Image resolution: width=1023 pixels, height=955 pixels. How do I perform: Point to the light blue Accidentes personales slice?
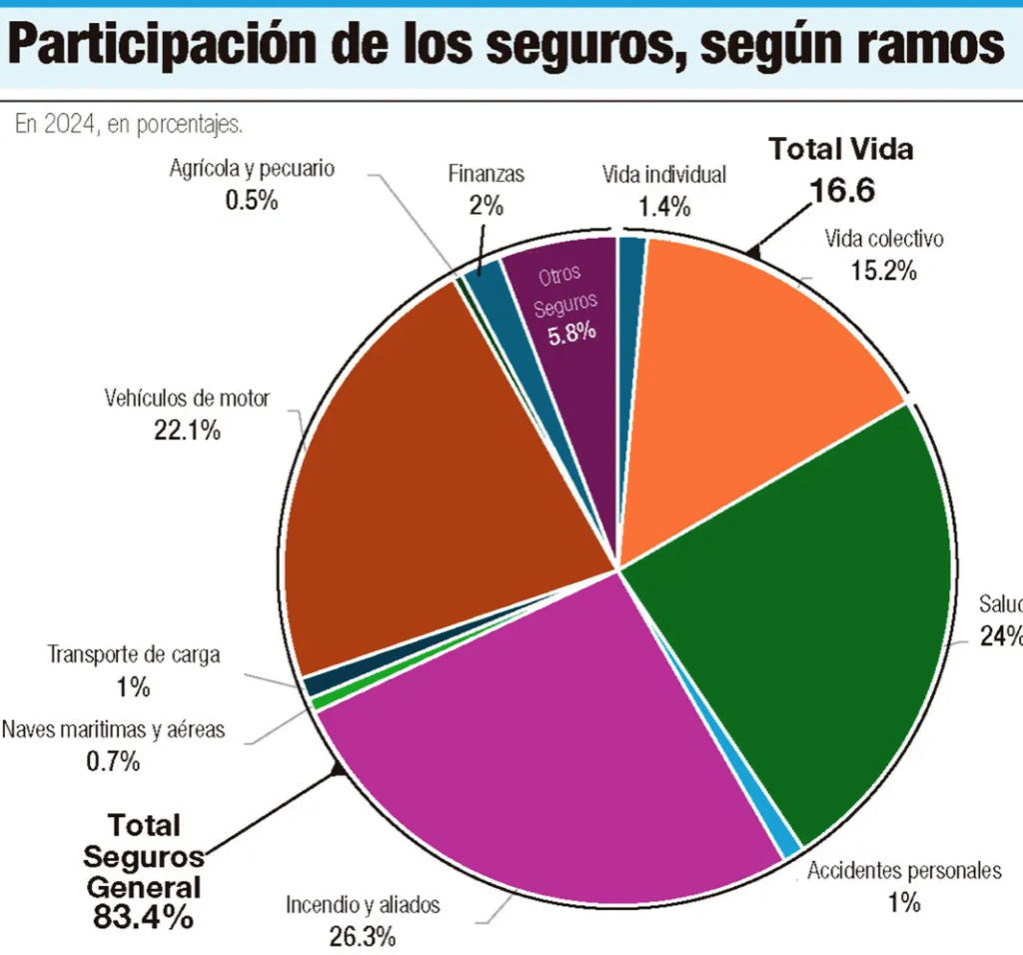pos(789,844)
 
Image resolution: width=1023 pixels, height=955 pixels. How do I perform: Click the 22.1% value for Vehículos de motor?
pos(187,432)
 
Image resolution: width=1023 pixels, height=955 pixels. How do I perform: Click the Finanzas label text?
pos(487,174)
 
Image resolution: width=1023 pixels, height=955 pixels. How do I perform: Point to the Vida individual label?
pos(663,175)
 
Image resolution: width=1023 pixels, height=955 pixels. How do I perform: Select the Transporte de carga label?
pos(134,655)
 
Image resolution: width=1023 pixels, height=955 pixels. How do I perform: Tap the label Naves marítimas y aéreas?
pos(113,729)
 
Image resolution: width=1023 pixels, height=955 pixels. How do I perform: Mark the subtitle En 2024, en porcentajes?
pos(129,125)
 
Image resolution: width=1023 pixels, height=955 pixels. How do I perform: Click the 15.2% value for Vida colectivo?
pos(883,270)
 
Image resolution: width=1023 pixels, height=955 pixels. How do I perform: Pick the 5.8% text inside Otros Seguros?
pos(570,331)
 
